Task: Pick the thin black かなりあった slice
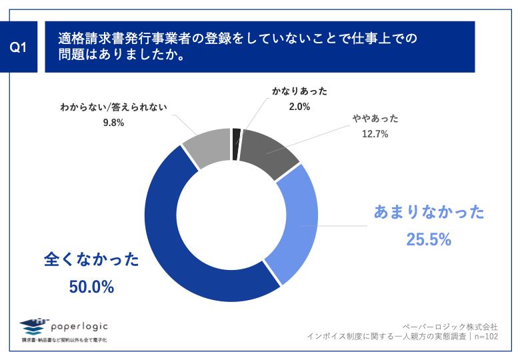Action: click(x=236, y=135)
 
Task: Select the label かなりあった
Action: click(x=299, y=91)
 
